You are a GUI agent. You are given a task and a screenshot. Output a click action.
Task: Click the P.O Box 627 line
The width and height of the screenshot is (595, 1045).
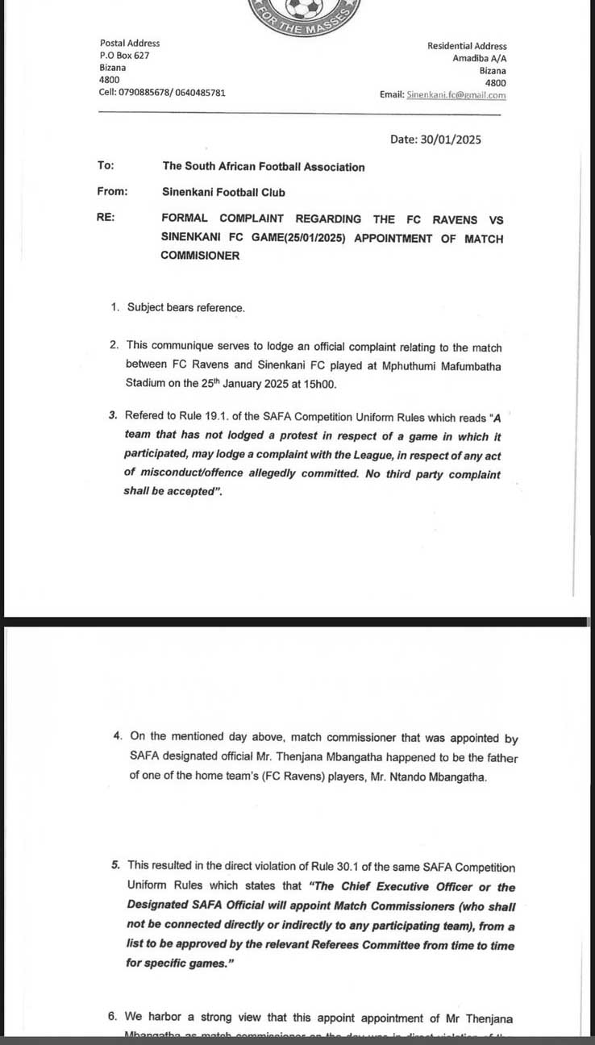click(x=124, y=55)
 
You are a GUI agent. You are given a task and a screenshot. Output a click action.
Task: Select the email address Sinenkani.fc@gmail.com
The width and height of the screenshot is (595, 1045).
click(x=456, y=95)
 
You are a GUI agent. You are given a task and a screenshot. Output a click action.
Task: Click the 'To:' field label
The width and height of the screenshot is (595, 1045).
click(x=106, y=165)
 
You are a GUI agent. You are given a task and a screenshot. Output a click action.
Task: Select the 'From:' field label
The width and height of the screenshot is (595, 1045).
click(x=112, y=192)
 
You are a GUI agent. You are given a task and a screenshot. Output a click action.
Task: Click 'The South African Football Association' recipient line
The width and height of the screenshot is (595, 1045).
click(x=264, y=167)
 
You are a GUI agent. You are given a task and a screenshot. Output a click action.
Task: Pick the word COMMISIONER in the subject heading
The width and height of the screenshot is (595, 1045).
click(x=200, y=256)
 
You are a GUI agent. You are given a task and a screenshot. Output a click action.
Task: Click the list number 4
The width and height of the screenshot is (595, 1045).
click(x=117, y=737)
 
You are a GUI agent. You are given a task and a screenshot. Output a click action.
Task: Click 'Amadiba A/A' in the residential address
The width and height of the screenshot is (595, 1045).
click(x=479, y=58)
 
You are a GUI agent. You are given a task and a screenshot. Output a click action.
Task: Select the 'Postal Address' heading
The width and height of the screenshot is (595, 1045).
click(x=130, y=43)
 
